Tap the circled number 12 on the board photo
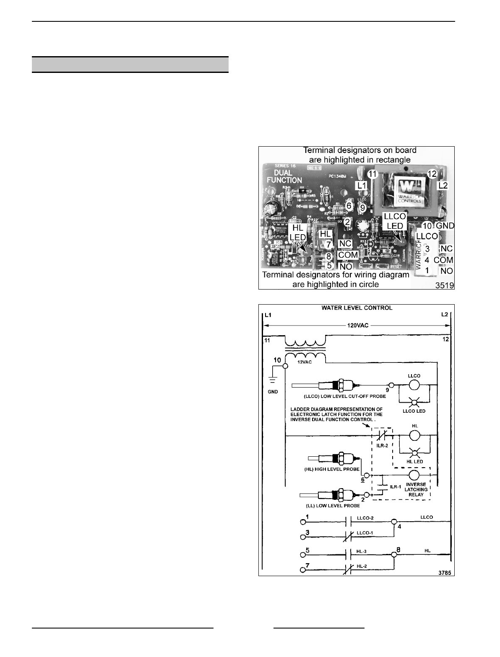tap(432, 173)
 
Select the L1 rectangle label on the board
tap(362, 185)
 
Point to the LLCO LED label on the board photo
tap(395, 221)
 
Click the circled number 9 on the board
tap(363, 207)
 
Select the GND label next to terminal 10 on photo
tap(445, 225)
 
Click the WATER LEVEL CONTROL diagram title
tap(357, 308)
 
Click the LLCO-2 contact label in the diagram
tap(365, 518)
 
